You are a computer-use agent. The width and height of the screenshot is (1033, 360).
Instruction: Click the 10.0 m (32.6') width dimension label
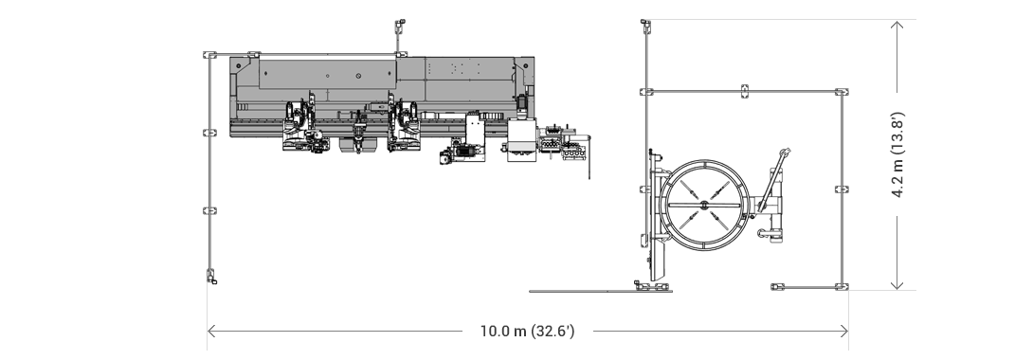tap(527, 332)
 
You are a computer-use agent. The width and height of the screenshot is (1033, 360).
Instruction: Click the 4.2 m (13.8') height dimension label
tap(897, 155)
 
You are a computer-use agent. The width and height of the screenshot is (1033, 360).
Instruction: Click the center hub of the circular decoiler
tap(704, 204)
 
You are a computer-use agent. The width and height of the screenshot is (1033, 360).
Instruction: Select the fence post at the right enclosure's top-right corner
tap(841, 92)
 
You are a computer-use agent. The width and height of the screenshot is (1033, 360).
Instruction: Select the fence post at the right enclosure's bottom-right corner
tap(841, 284)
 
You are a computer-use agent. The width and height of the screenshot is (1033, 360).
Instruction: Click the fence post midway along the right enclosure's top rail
tap(744, 92)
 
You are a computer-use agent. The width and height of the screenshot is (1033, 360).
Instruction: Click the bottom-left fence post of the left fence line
tap(210, 277)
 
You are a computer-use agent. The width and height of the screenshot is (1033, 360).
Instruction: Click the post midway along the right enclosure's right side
tap(841, 189)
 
